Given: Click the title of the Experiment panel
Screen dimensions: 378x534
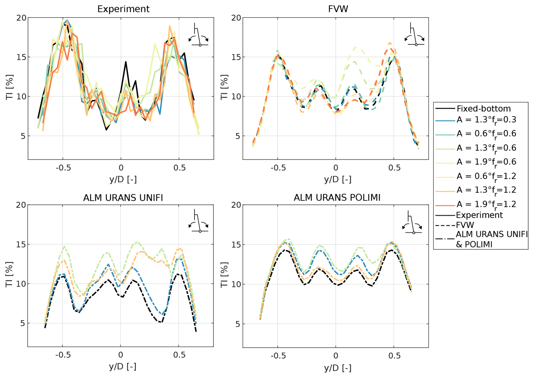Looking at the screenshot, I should (123, 9).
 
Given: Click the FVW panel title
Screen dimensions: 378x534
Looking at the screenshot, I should (338, 9).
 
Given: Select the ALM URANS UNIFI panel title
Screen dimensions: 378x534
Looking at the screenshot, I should (123, 197).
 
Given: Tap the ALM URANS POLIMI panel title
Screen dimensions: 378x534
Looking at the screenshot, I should (337, 197).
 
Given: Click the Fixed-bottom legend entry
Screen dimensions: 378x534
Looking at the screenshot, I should (483, 108).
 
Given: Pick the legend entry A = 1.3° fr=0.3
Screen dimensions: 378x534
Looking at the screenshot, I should (486, 120).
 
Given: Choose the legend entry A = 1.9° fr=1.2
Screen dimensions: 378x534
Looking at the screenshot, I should (486, 204).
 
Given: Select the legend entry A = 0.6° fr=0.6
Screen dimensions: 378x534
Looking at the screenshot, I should (486, 134).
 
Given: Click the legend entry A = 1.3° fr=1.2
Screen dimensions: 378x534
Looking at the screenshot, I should (486, 190).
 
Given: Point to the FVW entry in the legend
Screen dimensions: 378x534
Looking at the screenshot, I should (465, 225).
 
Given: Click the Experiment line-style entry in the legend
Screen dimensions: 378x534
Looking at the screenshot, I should (479, 215).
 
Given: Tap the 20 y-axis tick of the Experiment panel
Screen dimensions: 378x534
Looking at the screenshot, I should (21, 18).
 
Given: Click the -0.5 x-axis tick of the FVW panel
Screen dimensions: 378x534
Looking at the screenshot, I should (278, 168).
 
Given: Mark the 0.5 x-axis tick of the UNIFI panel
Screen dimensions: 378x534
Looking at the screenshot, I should (179, 355).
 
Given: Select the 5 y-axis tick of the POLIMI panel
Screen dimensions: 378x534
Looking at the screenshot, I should (238, 324).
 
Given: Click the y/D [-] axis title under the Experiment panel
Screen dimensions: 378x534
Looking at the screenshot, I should (123, 179).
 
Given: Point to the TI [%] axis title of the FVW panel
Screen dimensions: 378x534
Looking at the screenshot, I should (224, 87).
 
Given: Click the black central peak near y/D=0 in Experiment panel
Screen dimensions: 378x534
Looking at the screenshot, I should (126, 62).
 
